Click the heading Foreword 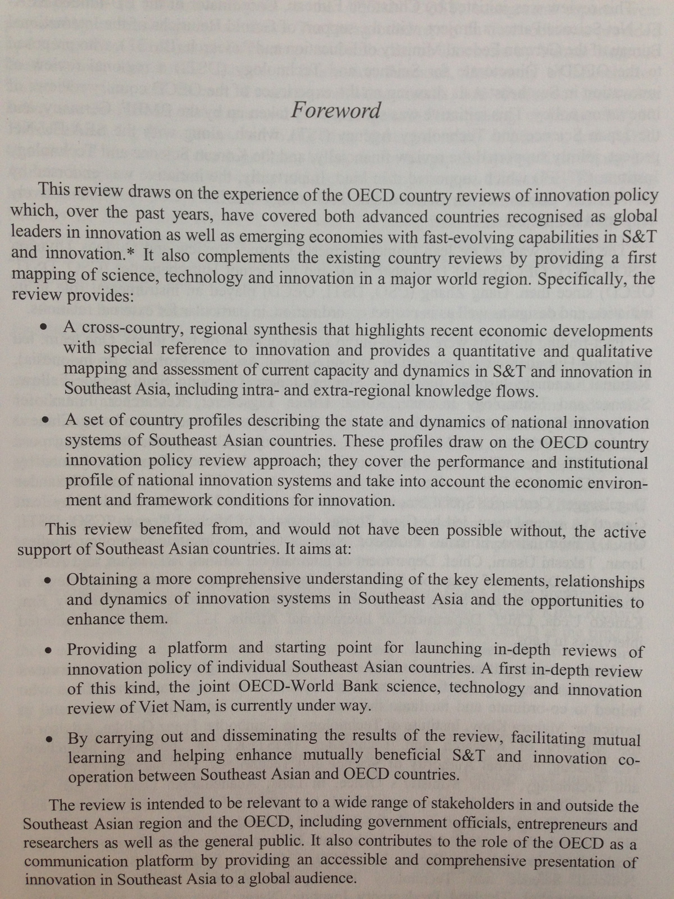tap(336, 110)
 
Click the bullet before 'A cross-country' tap(44, 328)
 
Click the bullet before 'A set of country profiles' tap(47, 420)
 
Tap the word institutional tap(598, 463)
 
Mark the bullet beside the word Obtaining tap(49, 579)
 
